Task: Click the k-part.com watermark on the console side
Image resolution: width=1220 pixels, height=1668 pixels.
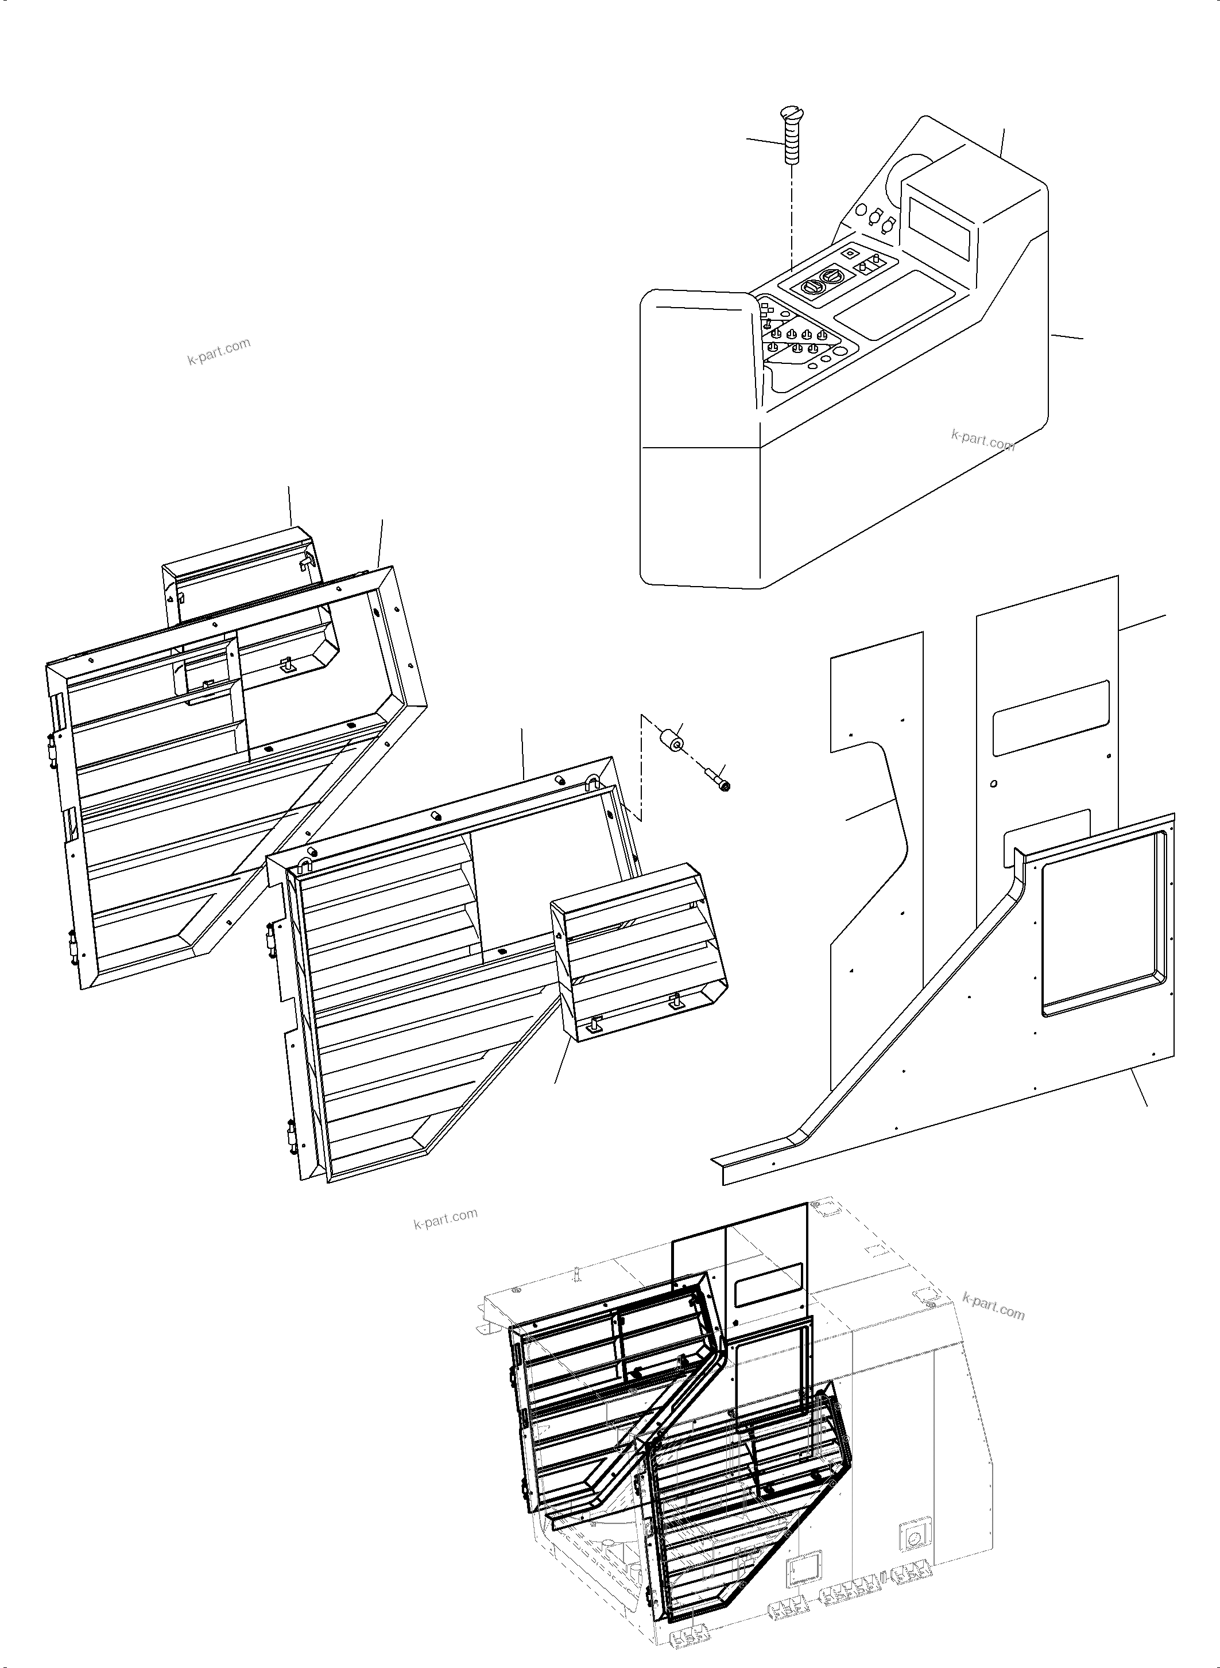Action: click(983, 441)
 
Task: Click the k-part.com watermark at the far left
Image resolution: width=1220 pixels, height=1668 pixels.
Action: click(219, 351)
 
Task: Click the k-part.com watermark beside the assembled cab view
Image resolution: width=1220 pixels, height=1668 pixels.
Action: click(994, 1305)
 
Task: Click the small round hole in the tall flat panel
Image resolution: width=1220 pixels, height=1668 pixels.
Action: click(995, 783)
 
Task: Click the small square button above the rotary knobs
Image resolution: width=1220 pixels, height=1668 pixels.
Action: click(849, 252)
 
